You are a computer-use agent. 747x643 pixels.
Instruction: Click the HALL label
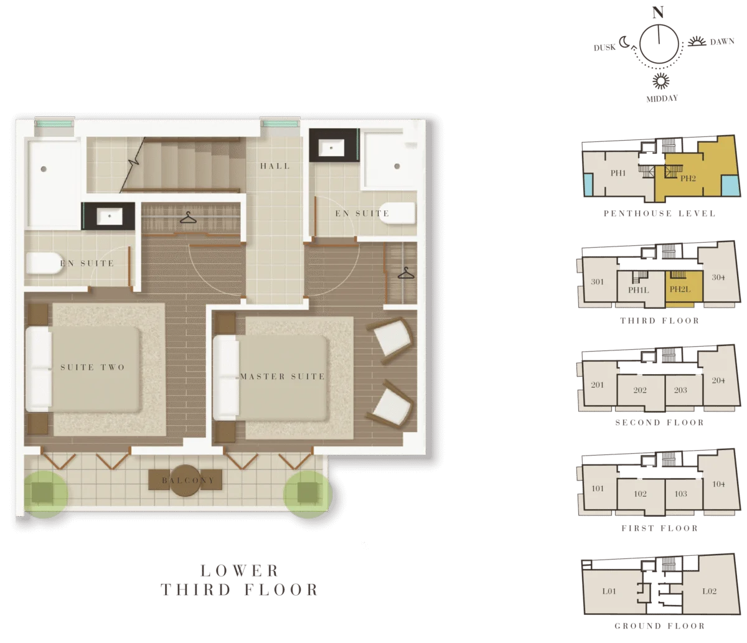275,166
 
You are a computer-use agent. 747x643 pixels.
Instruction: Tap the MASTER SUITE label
282,377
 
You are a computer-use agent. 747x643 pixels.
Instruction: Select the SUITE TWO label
93,367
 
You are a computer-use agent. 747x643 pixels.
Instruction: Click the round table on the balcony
185,481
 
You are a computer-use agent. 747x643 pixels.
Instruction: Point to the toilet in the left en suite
44,263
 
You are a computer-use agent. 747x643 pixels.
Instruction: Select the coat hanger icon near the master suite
406,273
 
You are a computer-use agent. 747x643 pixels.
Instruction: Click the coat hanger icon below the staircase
188,217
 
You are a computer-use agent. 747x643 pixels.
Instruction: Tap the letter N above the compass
658,12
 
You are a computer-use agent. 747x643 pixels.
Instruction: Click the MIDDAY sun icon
660,81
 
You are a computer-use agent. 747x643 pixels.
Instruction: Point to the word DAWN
721,42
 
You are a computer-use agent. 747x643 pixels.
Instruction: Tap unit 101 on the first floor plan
598,488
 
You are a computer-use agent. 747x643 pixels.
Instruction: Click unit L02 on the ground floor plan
709,591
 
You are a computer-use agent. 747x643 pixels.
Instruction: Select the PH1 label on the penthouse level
618,173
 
